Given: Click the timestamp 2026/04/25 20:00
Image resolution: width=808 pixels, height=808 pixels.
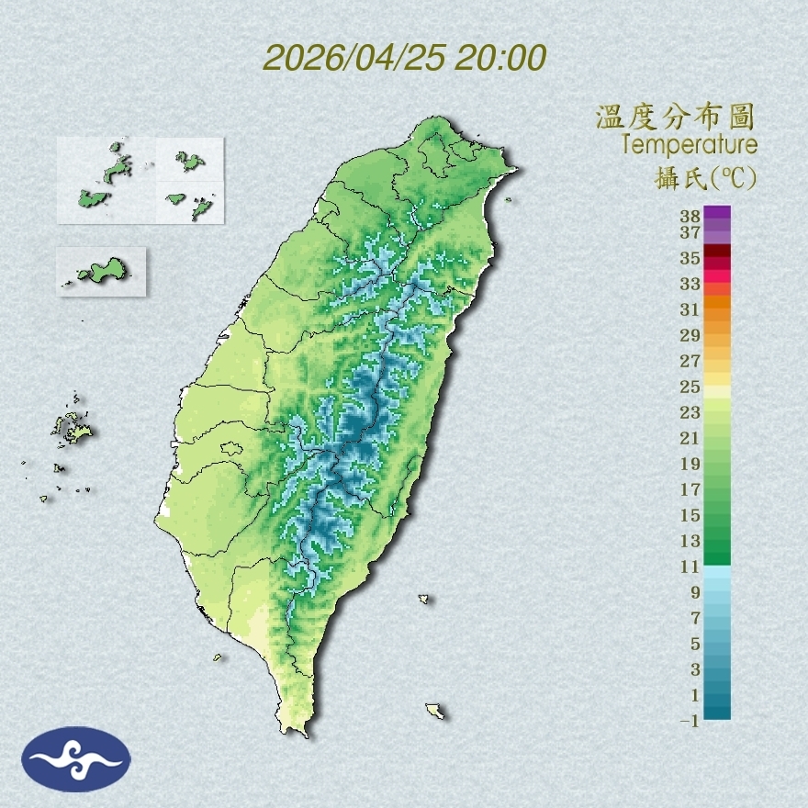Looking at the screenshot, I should click(405, 58).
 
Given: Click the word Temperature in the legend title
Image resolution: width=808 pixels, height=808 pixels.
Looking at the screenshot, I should click(689, 145).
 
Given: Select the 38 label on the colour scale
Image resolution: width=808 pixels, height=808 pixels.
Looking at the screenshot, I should click(690, 217).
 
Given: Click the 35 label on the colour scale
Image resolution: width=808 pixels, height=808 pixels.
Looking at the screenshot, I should click(690, 259).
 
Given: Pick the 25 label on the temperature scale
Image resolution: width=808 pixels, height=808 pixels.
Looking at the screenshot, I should click(690, 387).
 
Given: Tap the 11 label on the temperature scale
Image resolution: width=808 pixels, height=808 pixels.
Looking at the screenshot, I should click(690, 567).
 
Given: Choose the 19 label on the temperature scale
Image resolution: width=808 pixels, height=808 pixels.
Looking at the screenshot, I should click(690, 464).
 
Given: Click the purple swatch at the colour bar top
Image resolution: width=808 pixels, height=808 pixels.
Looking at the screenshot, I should click(717, 213).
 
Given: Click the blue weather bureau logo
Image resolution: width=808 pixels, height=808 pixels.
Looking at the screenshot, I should click(76, 759).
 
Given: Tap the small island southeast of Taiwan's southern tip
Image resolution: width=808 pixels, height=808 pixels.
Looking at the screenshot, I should click(434, 711).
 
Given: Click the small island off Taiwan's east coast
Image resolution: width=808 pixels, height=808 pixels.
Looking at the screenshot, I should click(424, 599).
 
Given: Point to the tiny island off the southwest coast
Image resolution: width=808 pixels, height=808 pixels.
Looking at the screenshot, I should click(218, 656).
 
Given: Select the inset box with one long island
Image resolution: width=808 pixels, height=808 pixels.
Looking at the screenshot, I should click(101, 271).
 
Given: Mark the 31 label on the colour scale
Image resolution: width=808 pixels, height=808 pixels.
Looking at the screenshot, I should click(690, 309).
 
